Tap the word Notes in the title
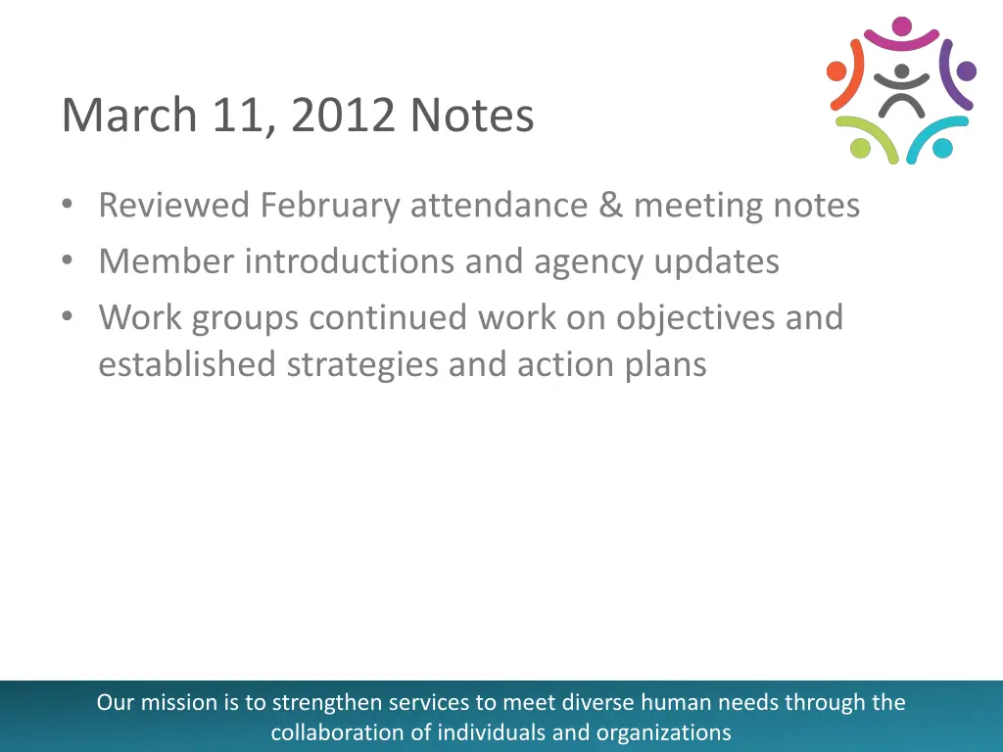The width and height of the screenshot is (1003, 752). coord(472,116)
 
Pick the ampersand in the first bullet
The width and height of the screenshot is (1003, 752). coord(610,206)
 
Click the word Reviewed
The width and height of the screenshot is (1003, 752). coord(174,206)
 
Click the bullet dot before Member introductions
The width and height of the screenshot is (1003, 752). coord(67,261)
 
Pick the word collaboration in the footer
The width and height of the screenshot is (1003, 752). coord(344,732)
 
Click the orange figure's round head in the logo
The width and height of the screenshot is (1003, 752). coord(836,70)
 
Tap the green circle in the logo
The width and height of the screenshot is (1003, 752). coord(860,148)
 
